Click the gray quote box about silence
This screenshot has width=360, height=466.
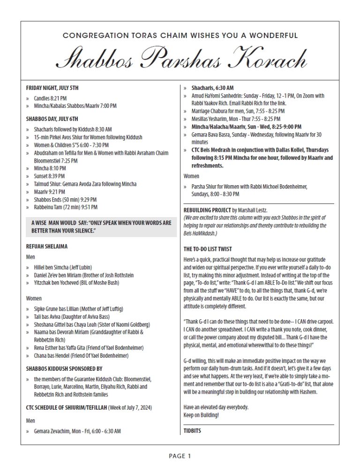[x=99, y=227]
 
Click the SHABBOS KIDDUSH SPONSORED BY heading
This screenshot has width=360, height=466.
[x=64, y=368]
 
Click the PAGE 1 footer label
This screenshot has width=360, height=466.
[x=180, y=455]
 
